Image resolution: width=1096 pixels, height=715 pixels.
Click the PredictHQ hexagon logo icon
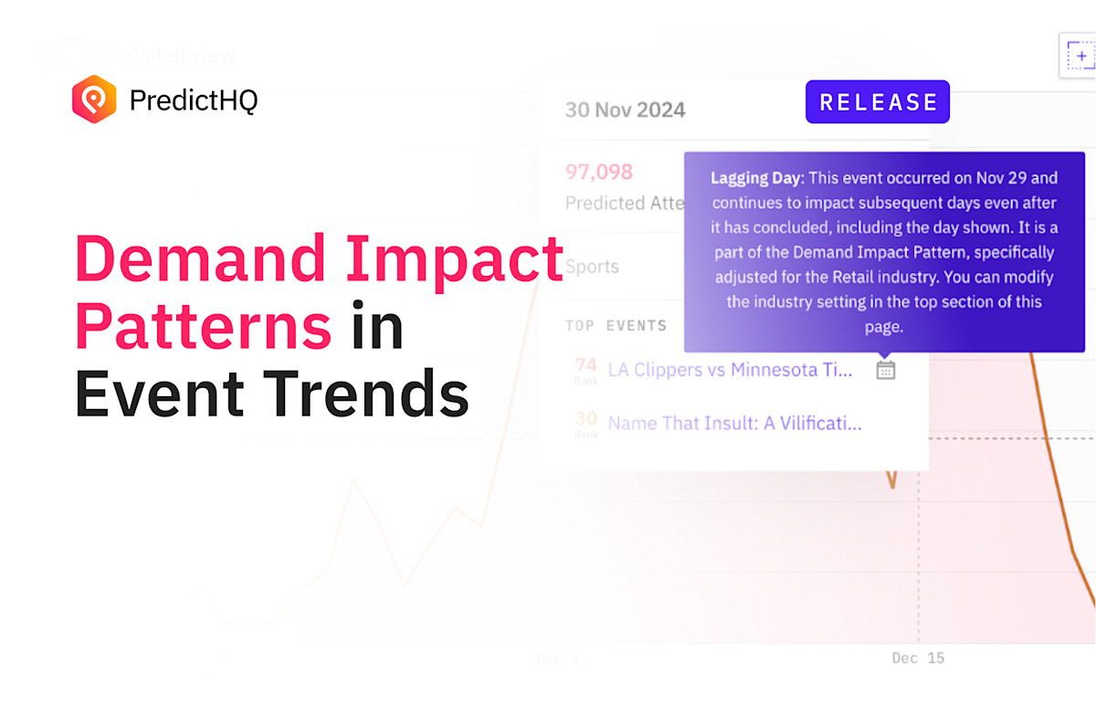[x=95, y=100]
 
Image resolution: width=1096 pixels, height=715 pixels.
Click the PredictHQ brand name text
[x=194, y=100]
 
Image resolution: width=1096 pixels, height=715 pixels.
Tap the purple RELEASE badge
[x=878, y=102]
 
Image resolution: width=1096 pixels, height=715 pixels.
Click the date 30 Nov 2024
[x=625, y=110]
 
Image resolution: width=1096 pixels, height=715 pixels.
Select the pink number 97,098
[x=599, y=173]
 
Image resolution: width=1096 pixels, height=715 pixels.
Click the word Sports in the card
[x=592, y=268]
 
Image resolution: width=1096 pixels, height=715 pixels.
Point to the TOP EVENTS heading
[x=616, y=326]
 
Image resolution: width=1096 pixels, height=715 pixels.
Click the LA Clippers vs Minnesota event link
[x=730, y=370]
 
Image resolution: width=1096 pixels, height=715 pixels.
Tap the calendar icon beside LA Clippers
[x=885, y=370]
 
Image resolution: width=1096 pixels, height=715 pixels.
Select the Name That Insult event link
[x=734, y=423]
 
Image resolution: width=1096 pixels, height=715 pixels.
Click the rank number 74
[x=586, y=366]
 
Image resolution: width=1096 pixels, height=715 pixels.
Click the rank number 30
[x=586, y=419]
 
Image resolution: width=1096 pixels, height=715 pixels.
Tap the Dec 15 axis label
[x=918, y=657]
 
